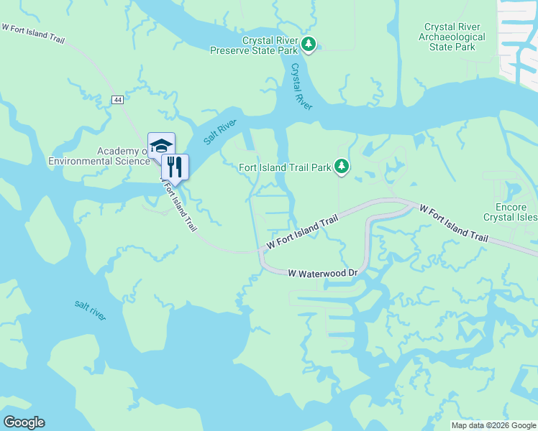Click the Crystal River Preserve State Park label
coord(254,45)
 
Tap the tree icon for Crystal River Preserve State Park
coord(309,45)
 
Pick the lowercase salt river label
coord(90,310)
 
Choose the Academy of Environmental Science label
coord(99,156)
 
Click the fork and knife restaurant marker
coord(175,167)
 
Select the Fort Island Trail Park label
coord(285,167)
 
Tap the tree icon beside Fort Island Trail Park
coord(342,167)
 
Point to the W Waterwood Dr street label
coord(323,274)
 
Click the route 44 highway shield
coord(117,99)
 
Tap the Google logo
coord(24,422)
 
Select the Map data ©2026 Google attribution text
coord(493,425)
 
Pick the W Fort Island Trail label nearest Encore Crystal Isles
coord(454,223)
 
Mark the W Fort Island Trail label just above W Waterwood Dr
coord(302,233)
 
